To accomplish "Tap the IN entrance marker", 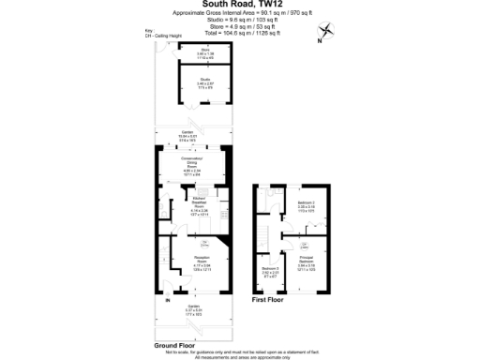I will [167, 302].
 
